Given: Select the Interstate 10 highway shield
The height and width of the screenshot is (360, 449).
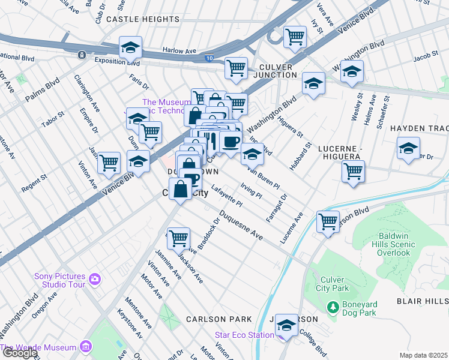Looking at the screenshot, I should click(208, 58).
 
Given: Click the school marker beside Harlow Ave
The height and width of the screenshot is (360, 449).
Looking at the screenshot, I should click(130, 48).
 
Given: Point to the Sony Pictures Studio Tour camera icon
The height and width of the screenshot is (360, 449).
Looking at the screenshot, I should click(94, 279).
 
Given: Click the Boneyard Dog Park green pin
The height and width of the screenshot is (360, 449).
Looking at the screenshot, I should click(333, 307).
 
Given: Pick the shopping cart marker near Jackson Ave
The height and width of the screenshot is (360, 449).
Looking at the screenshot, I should click(178, 238).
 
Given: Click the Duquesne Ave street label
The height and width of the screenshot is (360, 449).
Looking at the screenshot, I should click(241, 226).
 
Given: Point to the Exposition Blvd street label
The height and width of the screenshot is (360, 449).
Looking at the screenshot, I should click(116, 62).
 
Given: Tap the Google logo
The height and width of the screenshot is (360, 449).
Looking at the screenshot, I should click(20, 353).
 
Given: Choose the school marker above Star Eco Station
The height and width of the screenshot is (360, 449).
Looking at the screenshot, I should click(287, 325).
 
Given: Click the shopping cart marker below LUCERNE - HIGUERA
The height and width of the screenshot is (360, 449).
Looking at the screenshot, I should click(353, 170).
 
